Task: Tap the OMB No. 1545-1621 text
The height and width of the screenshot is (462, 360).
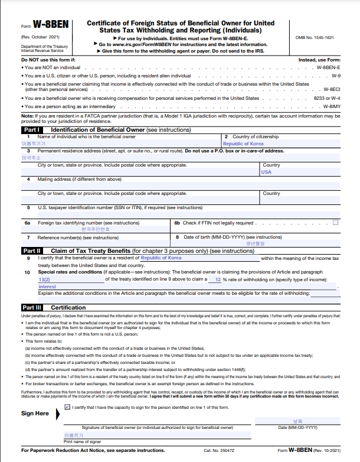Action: [315, 37]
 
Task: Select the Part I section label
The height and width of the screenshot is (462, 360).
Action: [31, 129]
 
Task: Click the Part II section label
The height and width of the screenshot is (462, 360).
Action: [31, 250]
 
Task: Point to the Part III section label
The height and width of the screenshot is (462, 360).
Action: [32, 308]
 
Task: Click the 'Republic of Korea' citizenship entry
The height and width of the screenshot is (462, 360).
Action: [243, 144]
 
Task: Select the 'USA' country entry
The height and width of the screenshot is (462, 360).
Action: [267, 172]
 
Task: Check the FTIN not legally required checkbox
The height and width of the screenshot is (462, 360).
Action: [336, 223]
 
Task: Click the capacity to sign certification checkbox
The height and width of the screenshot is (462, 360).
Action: [67, 407]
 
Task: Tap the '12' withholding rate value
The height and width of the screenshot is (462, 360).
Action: [217, 279]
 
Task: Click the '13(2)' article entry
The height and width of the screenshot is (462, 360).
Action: [44, 279]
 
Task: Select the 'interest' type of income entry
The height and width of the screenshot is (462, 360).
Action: [47, 286]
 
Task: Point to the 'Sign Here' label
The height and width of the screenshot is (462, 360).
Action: [35, 414]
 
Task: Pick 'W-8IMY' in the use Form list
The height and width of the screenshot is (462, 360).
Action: [332, 106]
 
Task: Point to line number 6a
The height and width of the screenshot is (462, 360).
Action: [27, 223]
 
